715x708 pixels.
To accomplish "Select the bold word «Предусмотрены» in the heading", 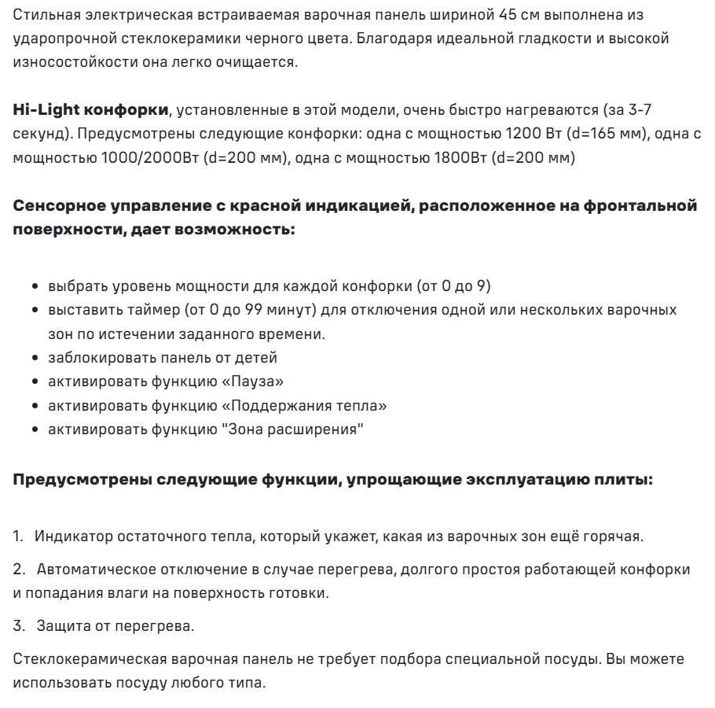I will [69, 479].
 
